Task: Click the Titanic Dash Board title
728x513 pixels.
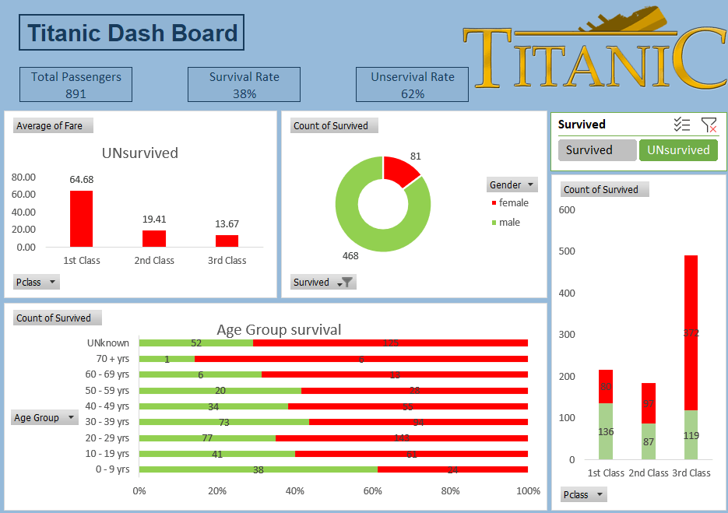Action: coord(132,33)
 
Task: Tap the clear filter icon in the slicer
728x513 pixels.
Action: coord(709,125)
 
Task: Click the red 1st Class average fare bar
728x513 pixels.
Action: coord(81,219)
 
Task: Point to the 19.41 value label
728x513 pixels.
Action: coord(153,220)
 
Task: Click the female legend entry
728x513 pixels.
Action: coord(513,203)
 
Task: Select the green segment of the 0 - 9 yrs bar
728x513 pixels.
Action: coord(258,469)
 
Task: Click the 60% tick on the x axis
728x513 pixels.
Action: coord(373,491)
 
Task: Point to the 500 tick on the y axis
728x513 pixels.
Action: coord(567,251)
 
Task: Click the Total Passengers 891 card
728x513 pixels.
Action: coord(76,85)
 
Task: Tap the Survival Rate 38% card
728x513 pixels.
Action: coord(244,85)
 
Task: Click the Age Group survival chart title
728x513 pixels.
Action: coord(279,330)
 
